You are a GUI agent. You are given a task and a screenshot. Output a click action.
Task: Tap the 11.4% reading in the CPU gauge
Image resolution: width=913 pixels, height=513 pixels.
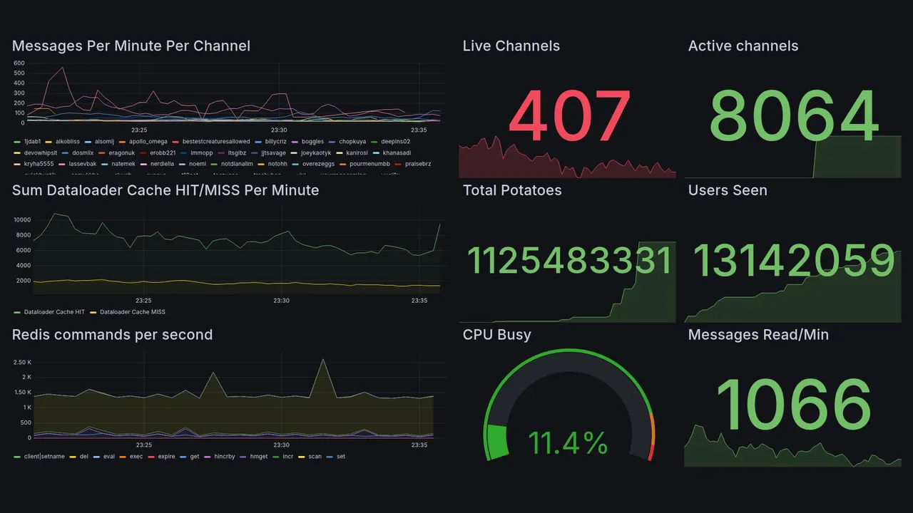[x=568, y=443]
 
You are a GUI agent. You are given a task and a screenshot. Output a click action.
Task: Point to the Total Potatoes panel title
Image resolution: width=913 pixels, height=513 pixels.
[x=511, y=190]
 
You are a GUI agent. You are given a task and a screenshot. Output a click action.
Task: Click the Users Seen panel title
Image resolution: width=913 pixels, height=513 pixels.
[x=727, y=190]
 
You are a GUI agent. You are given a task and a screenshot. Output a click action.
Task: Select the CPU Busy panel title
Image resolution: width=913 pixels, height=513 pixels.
[x=496, y=335]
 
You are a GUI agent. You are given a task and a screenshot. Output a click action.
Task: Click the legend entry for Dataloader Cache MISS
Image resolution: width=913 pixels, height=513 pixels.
[x=132, y=312]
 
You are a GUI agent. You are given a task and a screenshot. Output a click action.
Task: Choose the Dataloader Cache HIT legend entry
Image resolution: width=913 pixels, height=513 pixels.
[x=54, y=312]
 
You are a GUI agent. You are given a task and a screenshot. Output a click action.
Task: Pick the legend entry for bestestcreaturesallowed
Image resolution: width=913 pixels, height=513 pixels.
[x=215, y=142]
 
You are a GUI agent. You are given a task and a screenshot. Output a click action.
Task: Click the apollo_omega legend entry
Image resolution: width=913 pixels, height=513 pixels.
[x=148, y=142]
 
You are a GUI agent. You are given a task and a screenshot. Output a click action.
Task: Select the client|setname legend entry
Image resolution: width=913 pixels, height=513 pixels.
[x=44, y=456]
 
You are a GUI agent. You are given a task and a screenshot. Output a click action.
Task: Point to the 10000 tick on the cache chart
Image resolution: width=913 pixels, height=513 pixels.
[x=23, y=219]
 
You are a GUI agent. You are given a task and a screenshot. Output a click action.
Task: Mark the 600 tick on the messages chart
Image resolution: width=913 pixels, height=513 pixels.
[x=19, y=63]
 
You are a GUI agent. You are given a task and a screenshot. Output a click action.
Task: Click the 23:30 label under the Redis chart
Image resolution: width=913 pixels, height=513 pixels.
[x=281, y=445]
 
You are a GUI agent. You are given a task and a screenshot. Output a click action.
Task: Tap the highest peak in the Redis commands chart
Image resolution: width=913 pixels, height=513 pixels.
[x=323, y=359]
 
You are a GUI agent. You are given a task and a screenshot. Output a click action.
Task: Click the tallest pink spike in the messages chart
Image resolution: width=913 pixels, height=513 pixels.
[x=63, y=68]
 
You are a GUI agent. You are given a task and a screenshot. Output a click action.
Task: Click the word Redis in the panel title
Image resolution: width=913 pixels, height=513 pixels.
[x=31, y=335]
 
